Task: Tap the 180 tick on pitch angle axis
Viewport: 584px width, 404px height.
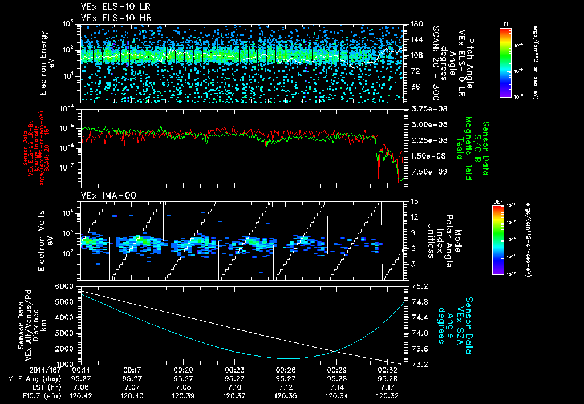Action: pos(415,24)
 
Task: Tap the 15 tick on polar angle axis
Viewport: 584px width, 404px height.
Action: pos(413,201)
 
